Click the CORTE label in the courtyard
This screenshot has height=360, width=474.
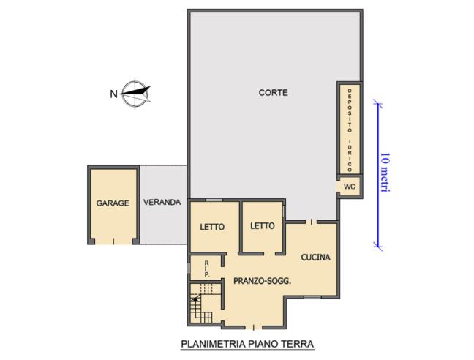pos(273,93)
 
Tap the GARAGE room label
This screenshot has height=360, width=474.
pos(113,203)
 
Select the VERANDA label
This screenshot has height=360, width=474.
pos(162,202)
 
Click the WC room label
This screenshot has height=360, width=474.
pos(349,187)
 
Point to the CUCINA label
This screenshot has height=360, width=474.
pos(315,258)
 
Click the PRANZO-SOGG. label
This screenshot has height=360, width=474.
pos(263,282)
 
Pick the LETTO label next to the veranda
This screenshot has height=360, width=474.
pos(212,227)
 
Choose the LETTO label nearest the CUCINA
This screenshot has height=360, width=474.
pos(263,226)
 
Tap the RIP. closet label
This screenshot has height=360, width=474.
pos(207,269)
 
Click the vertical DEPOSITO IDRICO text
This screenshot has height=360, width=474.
pos(350,130)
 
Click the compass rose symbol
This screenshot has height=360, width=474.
pos(135,94)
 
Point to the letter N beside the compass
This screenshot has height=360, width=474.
pos(113,94)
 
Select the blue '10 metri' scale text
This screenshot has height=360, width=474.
pos(385,172)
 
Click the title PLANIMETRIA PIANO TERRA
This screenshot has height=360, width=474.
pos(247,344)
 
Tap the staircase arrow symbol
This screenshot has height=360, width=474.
pos(195,299)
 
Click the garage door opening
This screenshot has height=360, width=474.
pos(113,241)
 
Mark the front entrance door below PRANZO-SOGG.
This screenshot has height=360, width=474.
pos(253,327)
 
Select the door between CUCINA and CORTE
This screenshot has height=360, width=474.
pos(312,222)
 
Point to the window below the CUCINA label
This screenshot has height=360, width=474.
pos(312,297)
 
